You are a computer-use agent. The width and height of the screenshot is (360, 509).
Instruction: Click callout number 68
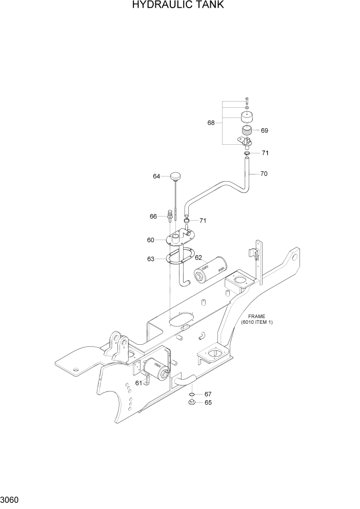211,123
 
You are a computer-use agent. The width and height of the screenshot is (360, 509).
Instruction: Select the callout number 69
264,130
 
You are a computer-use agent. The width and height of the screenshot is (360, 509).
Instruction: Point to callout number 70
264,174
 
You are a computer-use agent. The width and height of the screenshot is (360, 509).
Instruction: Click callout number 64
156,176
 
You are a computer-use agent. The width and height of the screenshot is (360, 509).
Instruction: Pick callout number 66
153,217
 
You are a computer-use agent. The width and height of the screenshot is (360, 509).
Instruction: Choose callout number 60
151,240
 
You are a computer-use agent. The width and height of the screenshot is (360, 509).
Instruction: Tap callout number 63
151,259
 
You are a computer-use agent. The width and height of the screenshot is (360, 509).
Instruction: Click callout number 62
198,258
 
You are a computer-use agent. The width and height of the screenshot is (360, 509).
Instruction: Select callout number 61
139,383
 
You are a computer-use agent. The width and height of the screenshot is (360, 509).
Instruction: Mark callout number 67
208,394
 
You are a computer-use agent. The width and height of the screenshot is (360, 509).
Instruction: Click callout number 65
208,403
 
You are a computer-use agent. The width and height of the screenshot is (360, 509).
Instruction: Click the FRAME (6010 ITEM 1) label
257,319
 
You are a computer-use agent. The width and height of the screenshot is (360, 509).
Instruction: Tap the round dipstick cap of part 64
176,177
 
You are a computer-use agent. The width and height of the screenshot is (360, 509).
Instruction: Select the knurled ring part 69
247,131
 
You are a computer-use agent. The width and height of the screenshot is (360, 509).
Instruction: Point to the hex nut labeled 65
191,403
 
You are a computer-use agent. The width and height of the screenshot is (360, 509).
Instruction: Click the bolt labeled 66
170,214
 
